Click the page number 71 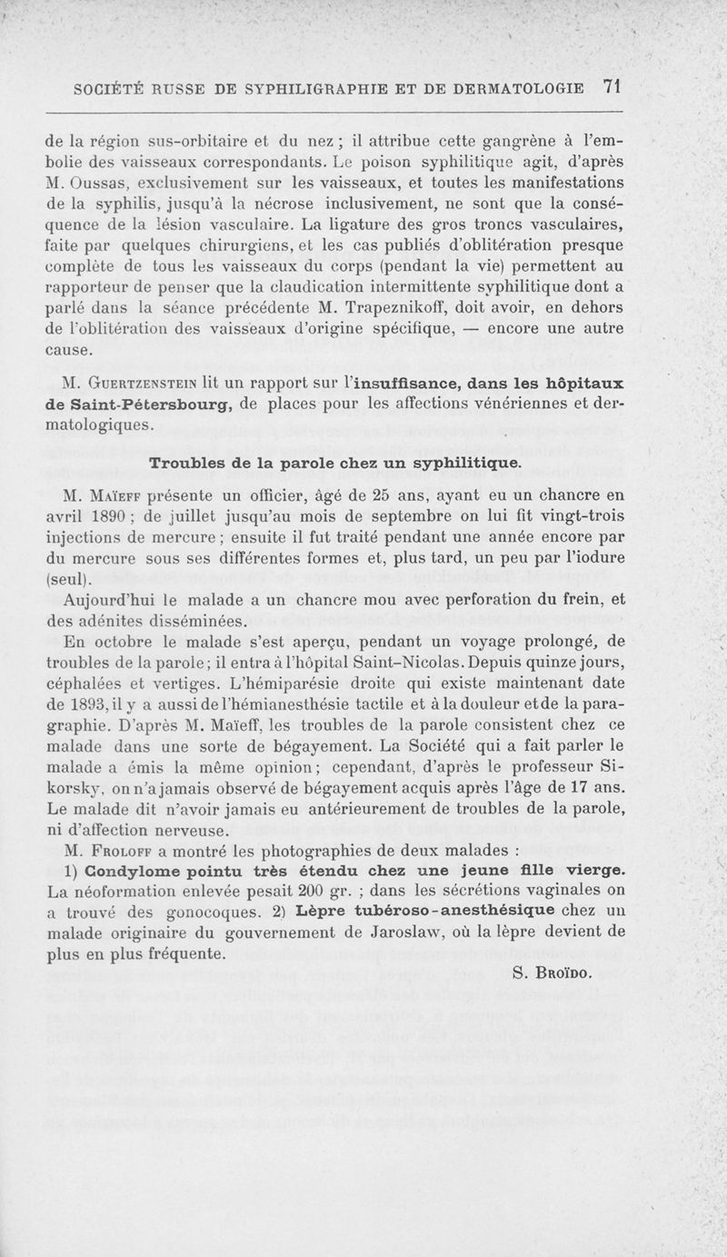(x=610, y=87)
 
